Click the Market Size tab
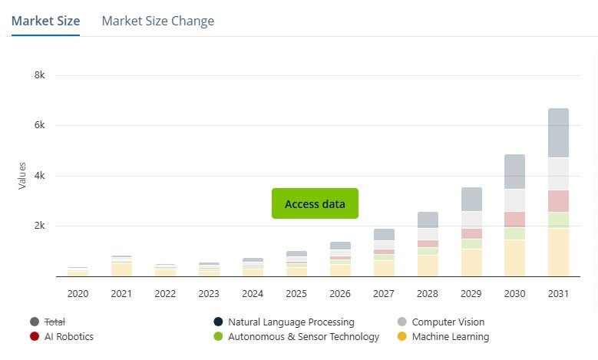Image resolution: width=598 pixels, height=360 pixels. (45, 21)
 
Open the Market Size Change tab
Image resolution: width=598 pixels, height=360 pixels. (157, 21)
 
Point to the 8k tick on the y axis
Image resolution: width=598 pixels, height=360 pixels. (39, 75)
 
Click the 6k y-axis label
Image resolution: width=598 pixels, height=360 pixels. (39, 125)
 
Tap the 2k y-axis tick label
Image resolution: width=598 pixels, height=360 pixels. (39, 226)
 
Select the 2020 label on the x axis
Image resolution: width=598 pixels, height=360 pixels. (78, 293)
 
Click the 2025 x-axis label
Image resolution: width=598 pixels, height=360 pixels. (296, 293)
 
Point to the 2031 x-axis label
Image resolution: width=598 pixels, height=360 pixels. (558, 293)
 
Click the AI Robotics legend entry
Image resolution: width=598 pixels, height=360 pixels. (69, 336)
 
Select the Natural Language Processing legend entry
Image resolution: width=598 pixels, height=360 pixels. (291, 322)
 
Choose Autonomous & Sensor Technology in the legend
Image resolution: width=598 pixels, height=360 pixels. (303, 336)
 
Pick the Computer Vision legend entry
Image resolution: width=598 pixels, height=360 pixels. (448, 322)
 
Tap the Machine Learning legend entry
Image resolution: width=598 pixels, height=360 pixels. (450, 336)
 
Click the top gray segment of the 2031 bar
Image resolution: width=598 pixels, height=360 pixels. (558, 133)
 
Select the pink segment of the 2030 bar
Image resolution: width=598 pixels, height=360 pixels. (514, 219)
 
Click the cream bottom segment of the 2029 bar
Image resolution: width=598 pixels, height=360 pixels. (471, 263)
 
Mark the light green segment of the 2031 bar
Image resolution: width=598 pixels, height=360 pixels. (558, 220)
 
